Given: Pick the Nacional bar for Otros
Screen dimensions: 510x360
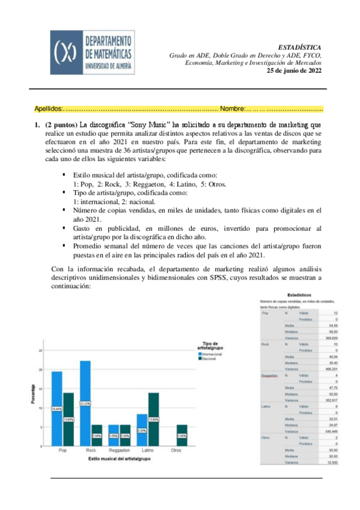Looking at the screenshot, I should [182, 435].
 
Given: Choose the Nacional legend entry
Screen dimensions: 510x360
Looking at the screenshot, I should [210, 359].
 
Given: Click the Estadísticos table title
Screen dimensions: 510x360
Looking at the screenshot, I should [298, 295].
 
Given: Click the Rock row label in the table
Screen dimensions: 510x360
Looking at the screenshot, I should [265, 344].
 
